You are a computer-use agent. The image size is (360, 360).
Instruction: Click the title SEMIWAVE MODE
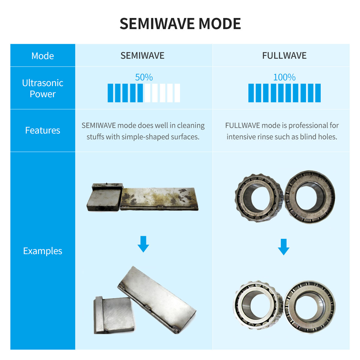pos(180,24)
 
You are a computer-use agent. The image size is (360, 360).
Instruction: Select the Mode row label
pos(43,56)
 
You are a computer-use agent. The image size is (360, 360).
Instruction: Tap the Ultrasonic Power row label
pos(43,88)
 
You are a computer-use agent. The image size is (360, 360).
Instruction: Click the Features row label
pos(43,130)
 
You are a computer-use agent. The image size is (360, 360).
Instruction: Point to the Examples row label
pos(43,251)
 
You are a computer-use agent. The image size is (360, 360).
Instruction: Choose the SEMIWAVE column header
pos(142,55)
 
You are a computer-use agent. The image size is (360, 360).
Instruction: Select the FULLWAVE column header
pos(284,55)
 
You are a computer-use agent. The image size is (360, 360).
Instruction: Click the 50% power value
pos(144,77)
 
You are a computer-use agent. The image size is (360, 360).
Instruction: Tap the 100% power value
pos(284,77)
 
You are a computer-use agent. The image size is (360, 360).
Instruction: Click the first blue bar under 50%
pos(110,93)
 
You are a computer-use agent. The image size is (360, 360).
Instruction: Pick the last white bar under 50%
pos(177,93)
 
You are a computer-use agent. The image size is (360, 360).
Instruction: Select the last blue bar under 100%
pos(318,93)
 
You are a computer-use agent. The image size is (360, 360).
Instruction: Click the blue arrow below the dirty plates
pos(143,244)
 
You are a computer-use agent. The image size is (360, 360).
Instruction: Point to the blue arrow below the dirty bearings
pos(283,247)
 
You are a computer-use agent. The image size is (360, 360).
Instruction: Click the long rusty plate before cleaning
pos(159,199)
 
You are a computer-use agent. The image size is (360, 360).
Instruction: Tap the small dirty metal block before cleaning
pos(105,197)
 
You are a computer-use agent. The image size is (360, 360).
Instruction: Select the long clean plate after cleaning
pos(157,300)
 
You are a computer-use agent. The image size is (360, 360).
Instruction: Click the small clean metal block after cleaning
pos(114,315)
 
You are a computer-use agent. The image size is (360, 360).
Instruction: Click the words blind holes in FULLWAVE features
pos(319,137)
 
